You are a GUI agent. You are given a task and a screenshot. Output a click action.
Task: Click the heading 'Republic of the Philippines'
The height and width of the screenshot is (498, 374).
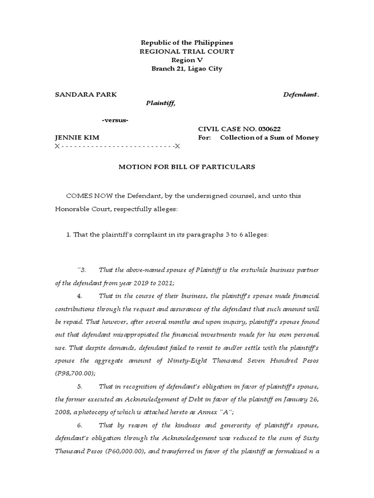[x=187, y=43]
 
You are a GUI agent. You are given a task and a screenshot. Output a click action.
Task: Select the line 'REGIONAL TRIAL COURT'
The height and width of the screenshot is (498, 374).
[x=187, y=52]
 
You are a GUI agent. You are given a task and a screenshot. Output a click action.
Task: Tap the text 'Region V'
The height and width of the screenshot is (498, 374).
[x=187, y=60]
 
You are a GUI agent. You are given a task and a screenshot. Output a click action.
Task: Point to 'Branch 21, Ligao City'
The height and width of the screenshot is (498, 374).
[x=187, y=69]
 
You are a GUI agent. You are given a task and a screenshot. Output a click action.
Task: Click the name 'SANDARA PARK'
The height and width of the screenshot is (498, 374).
[x=86, y=95]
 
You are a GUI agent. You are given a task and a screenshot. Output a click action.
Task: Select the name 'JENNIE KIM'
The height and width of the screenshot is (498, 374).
[x=77, y=138]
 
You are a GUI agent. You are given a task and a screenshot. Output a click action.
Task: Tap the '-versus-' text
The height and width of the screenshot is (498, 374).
[x=115, y=120]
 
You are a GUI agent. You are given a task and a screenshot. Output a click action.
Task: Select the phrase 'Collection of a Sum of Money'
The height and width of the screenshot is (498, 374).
[x=269, y=138]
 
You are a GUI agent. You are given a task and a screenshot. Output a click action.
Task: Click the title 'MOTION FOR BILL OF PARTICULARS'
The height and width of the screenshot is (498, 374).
[x=187, y=167]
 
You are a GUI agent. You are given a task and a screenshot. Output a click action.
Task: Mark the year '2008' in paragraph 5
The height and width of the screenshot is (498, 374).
[x=63, y=412]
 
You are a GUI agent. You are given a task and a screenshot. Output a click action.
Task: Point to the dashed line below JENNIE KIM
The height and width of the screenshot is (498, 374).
[x=117, y=146]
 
